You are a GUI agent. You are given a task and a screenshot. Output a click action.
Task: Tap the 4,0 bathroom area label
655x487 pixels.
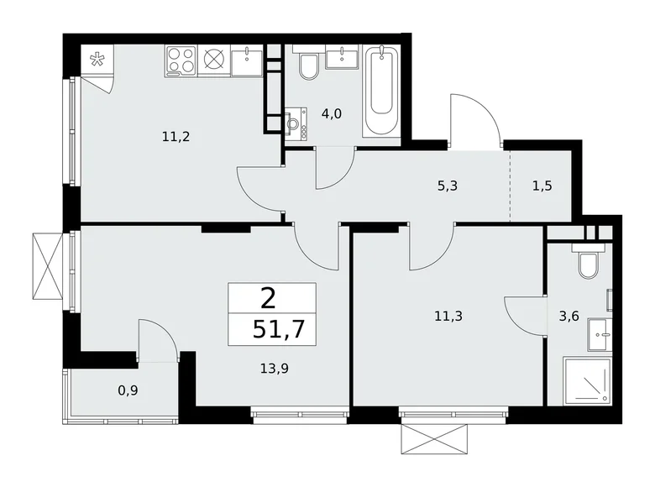(332, 114)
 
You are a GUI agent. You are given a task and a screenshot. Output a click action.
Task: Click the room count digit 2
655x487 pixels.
(267, 297)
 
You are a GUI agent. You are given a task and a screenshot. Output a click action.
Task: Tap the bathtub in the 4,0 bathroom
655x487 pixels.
(382, 92)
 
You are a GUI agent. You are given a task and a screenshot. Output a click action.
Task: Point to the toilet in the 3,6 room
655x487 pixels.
(587, 264)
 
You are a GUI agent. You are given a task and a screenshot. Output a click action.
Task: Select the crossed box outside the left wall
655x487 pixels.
(46, 264)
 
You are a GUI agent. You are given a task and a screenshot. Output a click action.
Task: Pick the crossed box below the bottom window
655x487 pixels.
(433, 437)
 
